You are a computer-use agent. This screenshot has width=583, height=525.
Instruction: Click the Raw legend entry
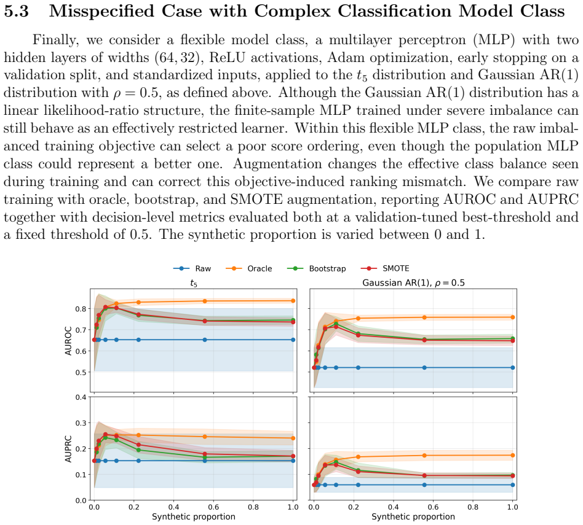point(192,268)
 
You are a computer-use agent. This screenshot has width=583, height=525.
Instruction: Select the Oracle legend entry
point(248,268)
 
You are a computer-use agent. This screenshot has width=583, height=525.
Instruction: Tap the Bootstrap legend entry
point(317,268)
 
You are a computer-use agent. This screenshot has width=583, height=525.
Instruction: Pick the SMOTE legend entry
point(385,268)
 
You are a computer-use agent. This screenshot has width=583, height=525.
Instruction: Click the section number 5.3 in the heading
point(17,11)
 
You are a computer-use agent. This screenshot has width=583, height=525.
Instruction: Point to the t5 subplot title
point(194,283)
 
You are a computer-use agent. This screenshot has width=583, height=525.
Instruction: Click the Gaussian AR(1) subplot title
point(413,283)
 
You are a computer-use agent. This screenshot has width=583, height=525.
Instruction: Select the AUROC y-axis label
point(68,340)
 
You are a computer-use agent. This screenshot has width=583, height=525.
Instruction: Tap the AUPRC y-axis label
point(68,448)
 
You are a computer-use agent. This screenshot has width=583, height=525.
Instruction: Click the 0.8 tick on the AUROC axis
point(81,309)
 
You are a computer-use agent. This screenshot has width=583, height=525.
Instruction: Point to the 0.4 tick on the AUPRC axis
point(81,397)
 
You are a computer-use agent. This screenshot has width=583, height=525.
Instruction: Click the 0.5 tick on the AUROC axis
point(81,372)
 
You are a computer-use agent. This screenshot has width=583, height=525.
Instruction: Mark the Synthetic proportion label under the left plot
point(194,516)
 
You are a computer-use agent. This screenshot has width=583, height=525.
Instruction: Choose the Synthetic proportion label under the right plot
point(413,516)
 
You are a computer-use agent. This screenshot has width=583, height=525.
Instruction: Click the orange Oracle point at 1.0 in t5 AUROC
point(293,301)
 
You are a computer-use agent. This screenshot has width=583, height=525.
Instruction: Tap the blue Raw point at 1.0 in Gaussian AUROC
point(513,368)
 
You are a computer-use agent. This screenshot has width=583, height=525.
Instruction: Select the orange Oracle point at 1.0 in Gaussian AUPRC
point(513,455)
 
